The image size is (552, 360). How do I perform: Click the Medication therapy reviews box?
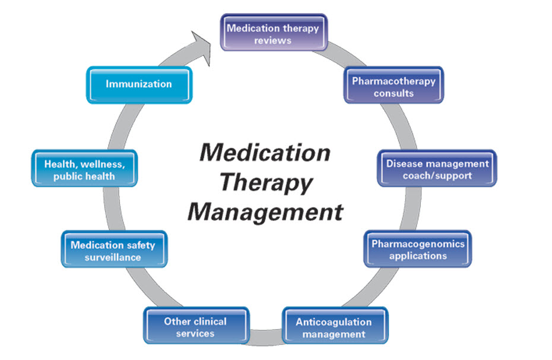tap(273, 34)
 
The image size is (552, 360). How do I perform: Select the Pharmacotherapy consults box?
tap(394, 87)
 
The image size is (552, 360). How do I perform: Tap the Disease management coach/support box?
tap(437, 169)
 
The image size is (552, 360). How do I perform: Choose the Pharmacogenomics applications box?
tap(418, 250)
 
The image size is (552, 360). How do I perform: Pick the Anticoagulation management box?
tap(334, 327)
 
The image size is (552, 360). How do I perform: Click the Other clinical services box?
tap(195, 327)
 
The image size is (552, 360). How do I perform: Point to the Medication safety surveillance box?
tap(114, 250)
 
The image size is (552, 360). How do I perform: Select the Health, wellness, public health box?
tap(84, 169)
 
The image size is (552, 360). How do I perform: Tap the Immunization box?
tap(139, 85)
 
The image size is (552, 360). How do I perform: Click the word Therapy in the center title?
tap(264, 182)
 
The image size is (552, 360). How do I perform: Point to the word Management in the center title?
tap(265, 211)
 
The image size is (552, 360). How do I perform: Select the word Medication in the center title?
tap(264, 152)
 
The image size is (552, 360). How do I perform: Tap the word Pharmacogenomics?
tap(418, 244)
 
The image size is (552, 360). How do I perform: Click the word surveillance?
tap(113, 257)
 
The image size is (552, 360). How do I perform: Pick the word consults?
tap(394, 93)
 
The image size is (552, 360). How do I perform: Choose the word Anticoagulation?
tap(334, 321)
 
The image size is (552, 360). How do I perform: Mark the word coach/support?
tap(437, 175)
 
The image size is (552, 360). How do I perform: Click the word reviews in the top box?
tap(273, 40)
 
